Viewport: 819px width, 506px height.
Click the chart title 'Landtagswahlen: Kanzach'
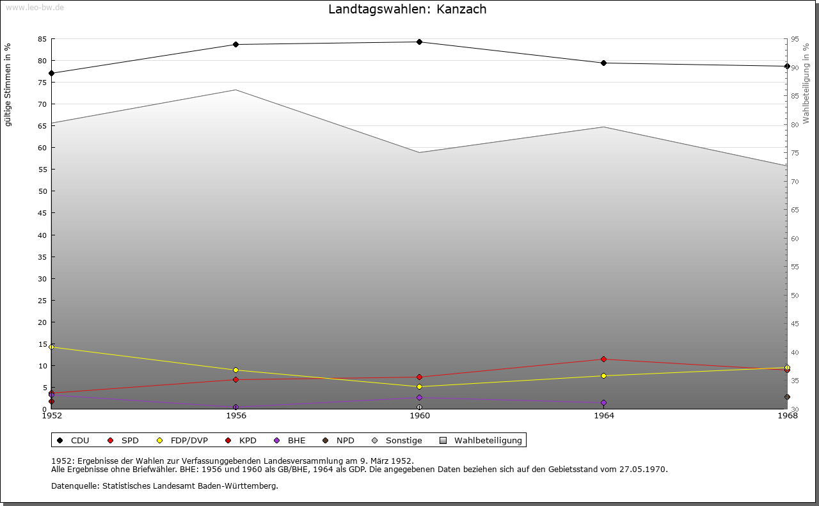click(407, 10)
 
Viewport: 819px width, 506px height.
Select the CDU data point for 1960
click(419, 42)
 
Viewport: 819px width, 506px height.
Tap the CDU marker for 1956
click(235, 45)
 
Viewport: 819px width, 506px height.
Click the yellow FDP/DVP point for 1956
click(235, 370)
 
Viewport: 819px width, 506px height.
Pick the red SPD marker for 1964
click(603, 360)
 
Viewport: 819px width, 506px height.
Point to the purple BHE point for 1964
click(603, 403)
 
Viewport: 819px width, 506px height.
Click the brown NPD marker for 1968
click(787, 397)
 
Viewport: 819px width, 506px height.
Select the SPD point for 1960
click(419, 377)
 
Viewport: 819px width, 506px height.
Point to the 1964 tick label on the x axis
click(603, 416)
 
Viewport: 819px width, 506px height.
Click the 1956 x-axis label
click(236, 416)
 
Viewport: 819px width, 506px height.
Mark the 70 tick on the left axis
click(42, 104)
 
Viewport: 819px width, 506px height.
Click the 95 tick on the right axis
click(795, 40)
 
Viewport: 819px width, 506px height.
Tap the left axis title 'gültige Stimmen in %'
click(8, 84)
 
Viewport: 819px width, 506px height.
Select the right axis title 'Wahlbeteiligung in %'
click(806, 83)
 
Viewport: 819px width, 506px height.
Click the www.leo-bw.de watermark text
click(34, 7)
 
